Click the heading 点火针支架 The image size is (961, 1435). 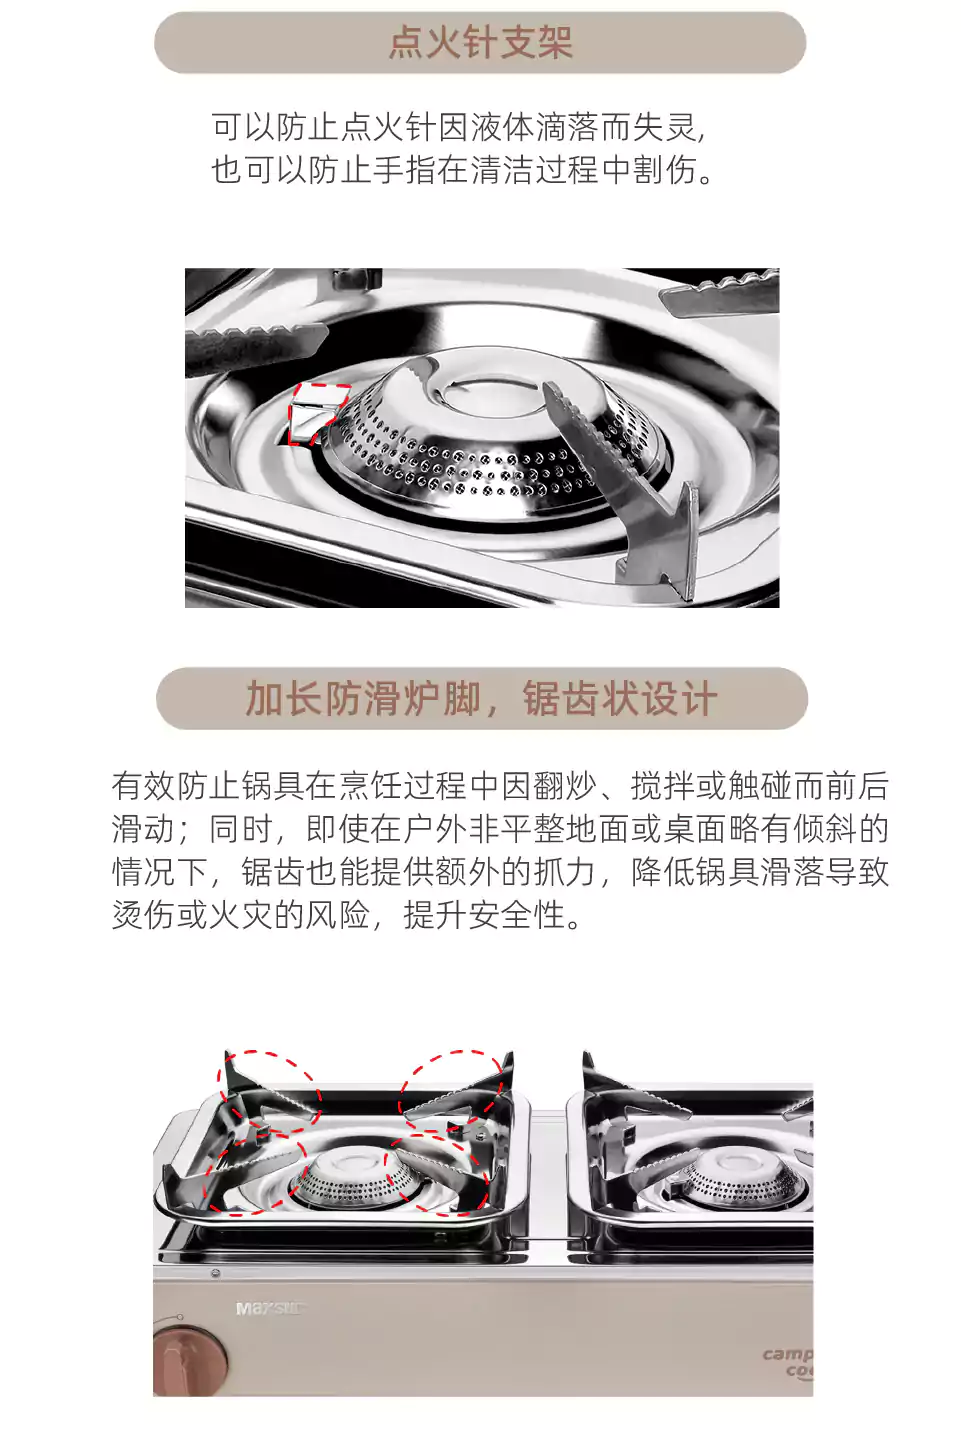tap(480, 42)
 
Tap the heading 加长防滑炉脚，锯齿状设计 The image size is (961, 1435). tap(481, 698)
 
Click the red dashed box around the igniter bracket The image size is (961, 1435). tap(318, 413)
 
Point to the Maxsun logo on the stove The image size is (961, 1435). tap(270, 1308)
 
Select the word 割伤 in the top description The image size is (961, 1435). tap(665, 170)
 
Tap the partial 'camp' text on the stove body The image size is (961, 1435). tap(788, 1354)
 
